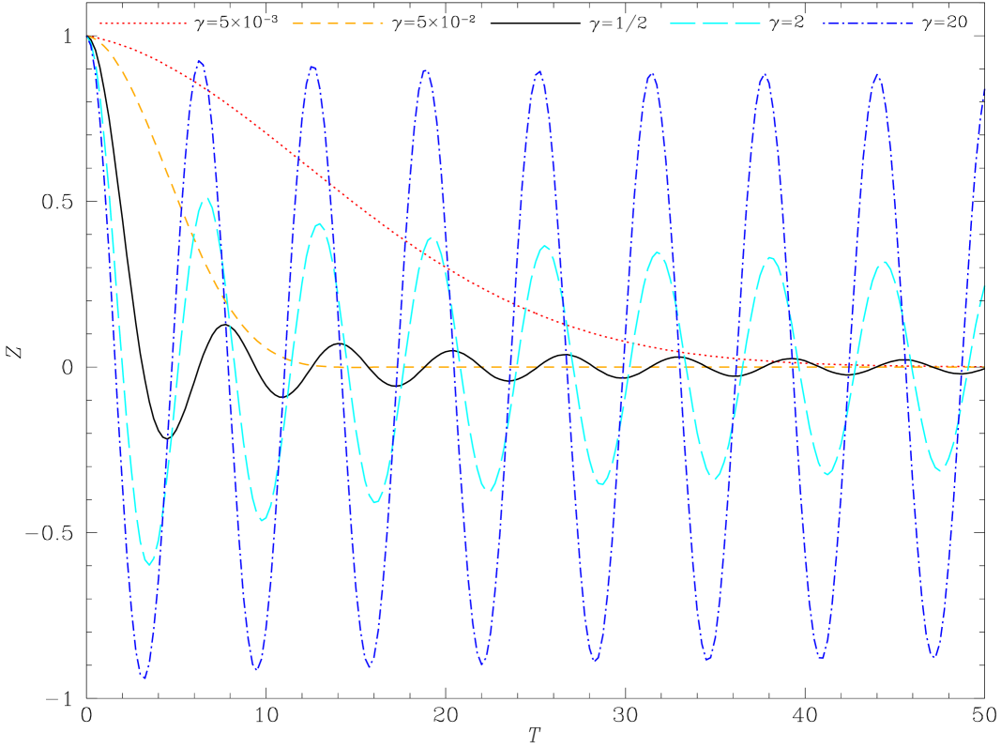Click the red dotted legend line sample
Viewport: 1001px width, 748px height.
(143, 23)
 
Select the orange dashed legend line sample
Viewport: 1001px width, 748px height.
(338, 23)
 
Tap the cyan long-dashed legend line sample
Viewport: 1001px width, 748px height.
(715, 23)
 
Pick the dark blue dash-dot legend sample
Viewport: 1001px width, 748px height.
(868, 23)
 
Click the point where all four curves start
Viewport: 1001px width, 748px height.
(88, 37)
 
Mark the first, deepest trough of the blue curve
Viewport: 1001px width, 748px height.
(144, 677)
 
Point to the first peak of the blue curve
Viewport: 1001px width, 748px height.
(201, 61)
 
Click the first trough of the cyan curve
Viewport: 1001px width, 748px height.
(149, 564)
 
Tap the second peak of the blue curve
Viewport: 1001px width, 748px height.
(313, 67)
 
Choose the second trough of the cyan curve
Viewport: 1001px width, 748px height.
(263, 519)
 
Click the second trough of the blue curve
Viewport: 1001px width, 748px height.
(257, 670)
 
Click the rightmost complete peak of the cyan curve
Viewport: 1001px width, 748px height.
(884, 262)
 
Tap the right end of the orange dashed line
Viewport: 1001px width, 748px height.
(984, 367)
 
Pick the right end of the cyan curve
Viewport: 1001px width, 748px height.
(985, 284)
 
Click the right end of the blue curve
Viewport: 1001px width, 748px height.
(985, 88)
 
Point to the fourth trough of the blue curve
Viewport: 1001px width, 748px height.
(482, 664)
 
